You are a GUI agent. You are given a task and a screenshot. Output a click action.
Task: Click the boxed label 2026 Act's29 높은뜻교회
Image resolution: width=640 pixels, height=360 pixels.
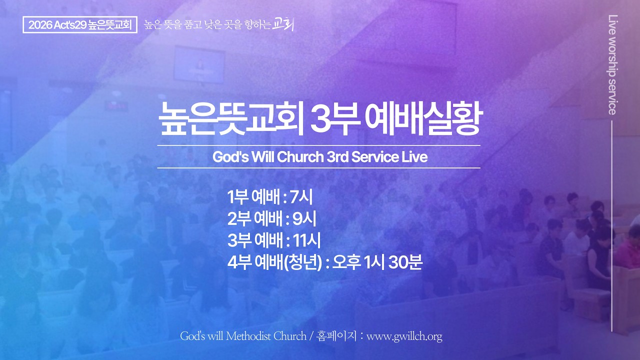[x=80, y=25]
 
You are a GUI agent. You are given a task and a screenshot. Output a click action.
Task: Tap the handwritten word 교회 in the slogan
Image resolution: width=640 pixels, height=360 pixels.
[x=283, y=24]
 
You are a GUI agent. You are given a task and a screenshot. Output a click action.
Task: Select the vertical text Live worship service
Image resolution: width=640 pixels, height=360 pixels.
[x=612, y=64]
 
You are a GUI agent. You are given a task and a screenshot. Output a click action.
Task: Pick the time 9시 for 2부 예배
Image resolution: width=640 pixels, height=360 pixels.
[x=303, y=219]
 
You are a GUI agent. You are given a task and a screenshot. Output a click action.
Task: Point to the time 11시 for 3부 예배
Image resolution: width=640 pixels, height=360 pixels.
[x=306, y=240]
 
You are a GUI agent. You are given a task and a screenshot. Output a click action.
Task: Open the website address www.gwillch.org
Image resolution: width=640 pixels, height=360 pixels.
[x=404, y=336]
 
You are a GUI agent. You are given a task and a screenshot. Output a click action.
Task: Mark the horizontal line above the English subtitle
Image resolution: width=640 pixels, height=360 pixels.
[x=318, y=145]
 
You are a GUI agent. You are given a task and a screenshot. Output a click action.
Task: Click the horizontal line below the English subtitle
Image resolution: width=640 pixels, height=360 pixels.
[x=318, y=168]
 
